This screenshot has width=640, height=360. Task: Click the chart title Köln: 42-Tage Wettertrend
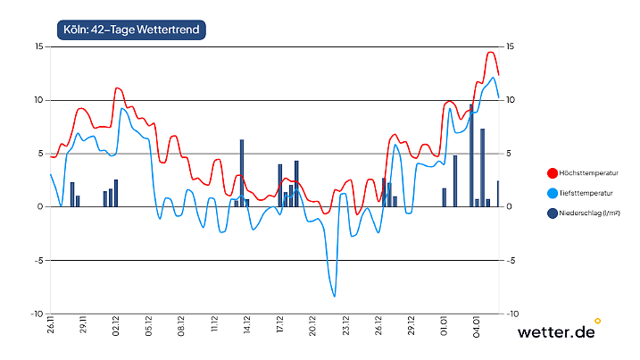click(130, 29)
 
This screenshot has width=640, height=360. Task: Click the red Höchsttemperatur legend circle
click(553, 173)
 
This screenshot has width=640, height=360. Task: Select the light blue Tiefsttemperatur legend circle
click(553, 193)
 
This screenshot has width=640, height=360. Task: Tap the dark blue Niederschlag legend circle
click(553, 213)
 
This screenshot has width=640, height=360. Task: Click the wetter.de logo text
click(556, 332)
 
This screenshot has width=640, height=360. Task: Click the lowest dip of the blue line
click(335, 296)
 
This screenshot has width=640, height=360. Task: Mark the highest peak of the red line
click(490, 52)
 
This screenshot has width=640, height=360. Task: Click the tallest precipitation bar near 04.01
click(471, 155)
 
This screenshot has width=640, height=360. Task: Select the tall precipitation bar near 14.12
click(241, 173)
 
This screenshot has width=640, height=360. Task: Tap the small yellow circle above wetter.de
click(597, 320)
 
